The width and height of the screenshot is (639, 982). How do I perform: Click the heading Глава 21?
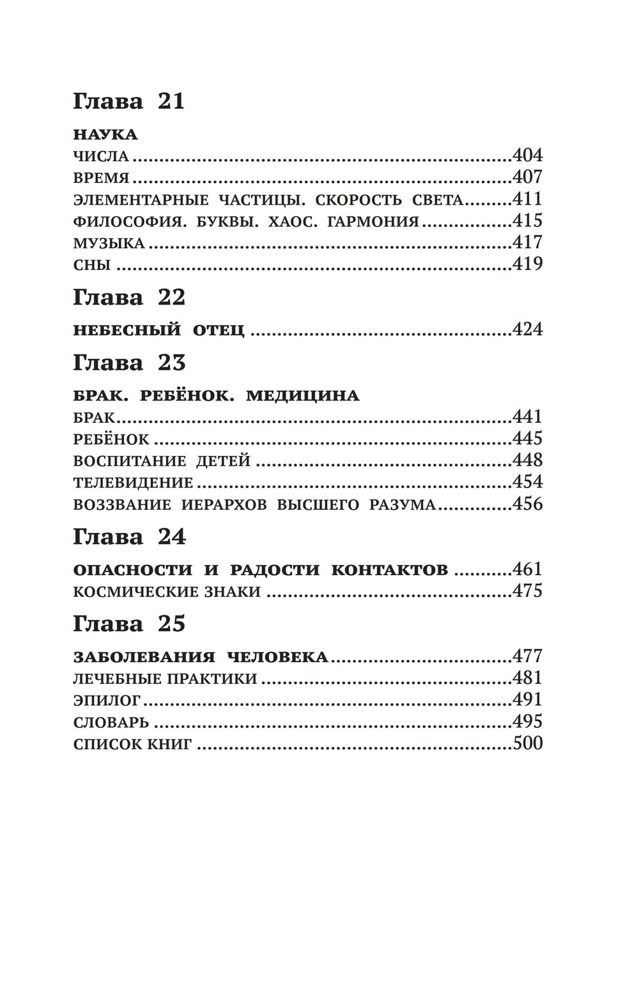[x=128, y=101]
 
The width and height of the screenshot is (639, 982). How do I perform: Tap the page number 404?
[x=527, y=155]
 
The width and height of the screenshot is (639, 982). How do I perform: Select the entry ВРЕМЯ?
[x=101, y=178]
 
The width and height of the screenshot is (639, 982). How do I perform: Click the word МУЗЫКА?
[x=109, y=243]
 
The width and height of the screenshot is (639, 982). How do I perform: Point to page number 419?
[x=527, y=264]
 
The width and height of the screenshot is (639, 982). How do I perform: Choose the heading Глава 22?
[x=129, y=297]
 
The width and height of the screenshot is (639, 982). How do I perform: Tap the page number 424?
[x=527, y=329]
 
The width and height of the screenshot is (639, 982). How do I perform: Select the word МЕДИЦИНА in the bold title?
[x=302, y=395]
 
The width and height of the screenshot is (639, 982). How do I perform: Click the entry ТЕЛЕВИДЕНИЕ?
[x=133, y=482]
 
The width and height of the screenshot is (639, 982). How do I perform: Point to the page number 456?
[x=527, y=503]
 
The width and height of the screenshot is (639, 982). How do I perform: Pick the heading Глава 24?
[x=129, y=536]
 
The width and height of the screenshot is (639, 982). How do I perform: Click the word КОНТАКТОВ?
[x=389, y=569]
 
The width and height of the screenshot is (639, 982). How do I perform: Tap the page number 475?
[x=527, y=590]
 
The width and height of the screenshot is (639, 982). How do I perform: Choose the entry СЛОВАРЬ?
[x=111, y=722]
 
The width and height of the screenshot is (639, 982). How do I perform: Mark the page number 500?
[x=527, y=743]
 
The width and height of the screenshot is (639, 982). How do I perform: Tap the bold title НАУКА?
[x=105, y=134]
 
